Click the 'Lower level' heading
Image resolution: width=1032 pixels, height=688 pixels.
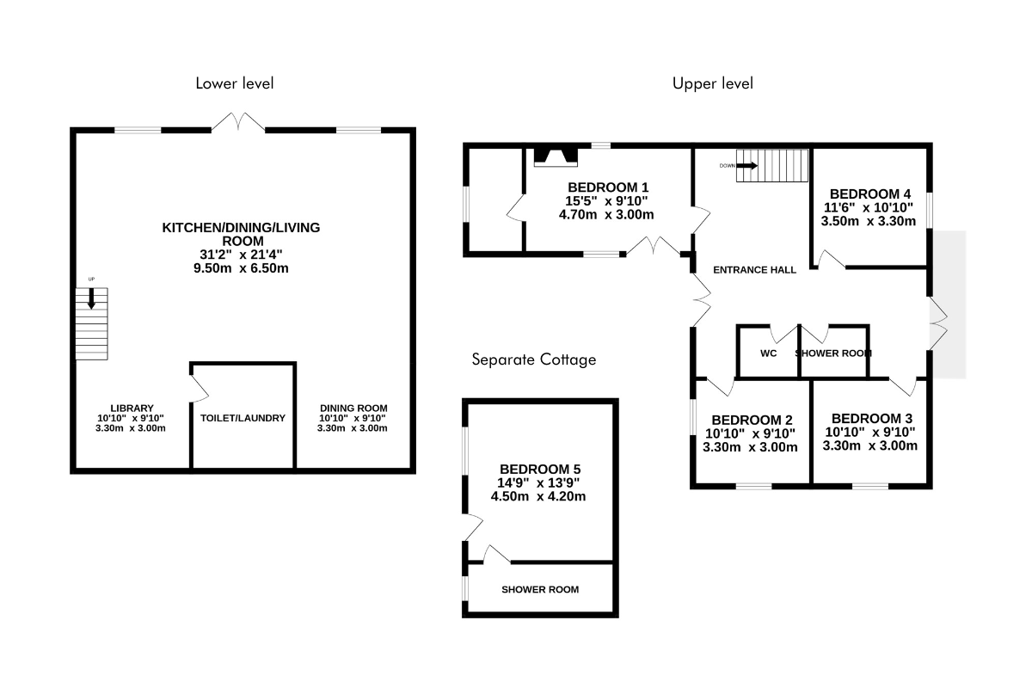click(235, 83)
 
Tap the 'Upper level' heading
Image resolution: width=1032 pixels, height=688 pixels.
click(713, 83)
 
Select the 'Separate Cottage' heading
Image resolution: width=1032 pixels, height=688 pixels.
click(534, 359)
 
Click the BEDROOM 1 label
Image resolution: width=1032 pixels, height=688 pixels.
click(608, 187)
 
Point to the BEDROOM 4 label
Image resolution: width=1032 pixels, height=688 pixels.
click(870, 194)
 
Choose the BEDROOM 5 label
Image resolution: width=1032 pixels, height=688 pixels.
click(540, 470)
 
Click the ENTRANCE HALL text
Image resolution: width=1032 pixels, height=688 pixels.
click(755, 270)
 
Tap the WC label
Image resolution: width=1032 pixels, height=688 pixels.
click(769, 353)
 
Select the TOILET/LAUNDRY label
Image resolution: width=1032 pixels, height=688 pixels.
click(243, 418)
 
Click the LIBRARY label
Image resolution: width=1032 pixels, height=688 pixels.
click(132, 408)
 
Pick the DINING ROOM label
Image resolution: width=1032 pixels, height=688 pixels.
click(353, 408)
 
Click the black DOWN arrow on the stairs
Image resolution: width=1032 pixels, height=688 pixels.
click(746, 165)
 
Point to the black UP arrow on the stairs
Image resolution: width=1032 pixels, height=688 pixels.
click(91, 298)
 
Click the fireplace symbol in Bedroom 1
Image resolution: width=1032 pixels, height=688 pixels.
click(556, 157)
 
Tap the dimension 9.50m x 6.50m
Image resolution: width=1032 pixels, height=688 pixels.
click(241, 268)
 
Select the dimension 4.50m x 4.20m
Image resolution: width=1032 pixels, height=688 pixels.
click(538, 496)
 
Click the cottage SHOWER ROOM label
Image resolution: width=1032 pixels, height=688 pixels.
click(540, 589)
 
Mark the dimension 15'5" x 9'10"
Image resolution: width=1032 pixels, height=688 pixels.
click(606, 201)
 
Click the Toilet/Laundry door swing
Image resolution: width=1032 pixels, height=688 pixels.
click(200, 389)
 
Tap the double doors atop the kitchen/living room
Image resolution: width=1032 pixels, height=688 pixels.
click(238, 121)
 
